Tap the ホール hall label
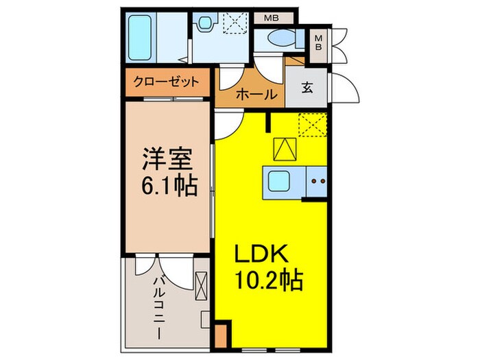[x=256, y=95]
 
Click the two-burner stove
[x=317, y=182]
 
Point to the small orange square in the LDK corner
[x=220, y=337]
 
